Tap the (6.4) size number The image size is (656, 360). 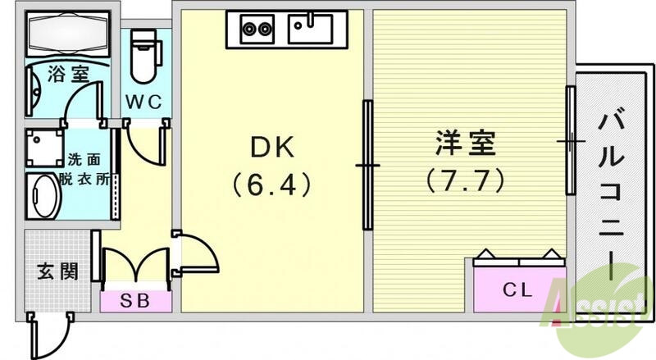[270, 185]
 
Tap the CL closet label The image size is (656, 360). [518, 289]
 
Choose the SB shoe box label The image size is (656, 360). [136, 300]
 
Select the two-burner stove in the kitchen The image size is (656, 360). [257, 30]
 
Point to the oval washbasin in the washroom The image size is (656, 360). [43, 197]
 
